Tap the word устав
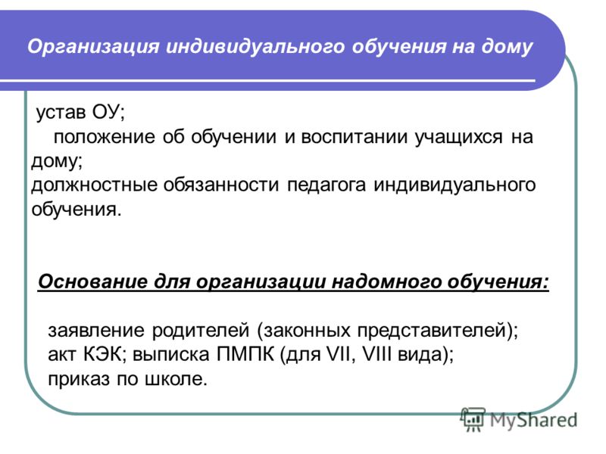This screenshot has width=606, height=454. [61, 112]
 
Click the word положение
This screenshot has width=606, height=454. [105, 137]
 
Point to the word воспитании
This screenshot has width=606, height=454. [354, 137]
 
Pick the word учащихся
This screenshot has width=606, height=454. [459, 137]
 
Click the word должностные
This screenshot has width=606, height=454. [94, 185]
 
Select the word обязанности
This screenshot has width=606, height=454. [220, 185]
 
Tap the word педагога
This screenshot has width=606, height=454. [326, 185]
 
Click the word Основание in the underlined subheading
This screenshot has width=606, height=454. [92, 281]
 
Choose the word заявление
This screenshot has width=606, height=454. [96, 331]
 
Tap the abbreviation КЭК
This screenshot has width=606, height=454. [103, 354]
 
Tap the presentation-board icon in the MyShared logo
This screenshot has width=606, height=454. [472, 419]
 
